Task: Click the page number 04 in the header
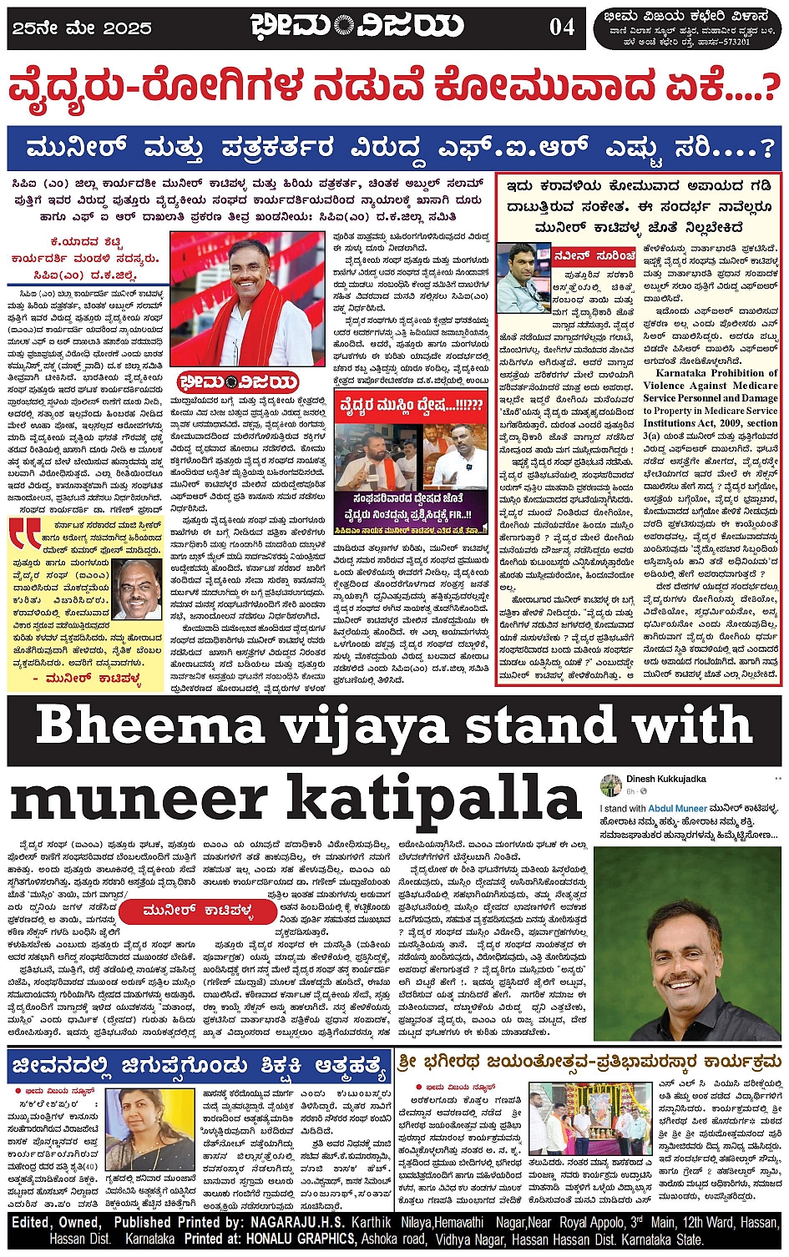[562, 27]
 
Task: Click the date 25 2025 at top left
[80, 28]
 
